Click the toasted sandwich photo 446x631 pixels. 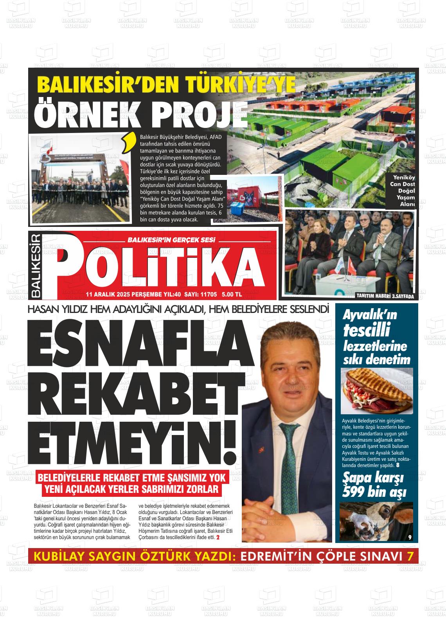click(376, 391)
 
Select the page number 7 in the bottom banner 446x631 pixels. click(409, 556)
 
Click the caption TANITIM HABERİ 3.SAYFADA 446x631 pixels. click(385, 296)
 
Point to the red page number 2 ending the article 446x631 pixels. click(218, 538)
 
